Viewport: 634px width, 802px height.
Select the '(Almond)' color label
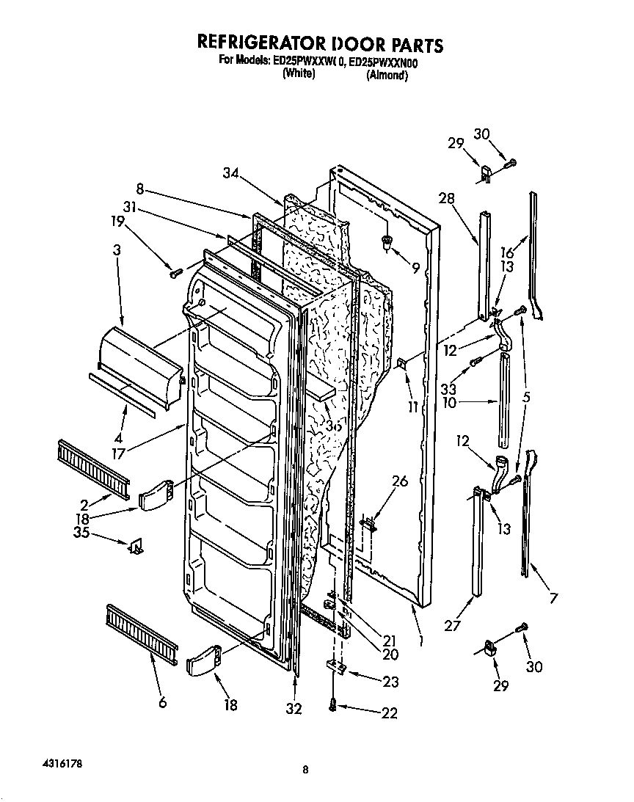pos(387,75)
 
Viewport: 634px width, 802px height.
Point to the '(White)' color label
pos(299,74)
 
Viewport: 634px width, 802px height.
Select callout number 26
pos(399,482)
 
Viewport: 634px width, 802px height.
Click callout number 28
pos(447,199)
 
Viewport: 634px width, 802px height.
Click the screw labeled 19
pos(176,273)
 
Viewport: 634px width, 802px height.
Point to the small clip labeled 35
pos(136,546)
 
